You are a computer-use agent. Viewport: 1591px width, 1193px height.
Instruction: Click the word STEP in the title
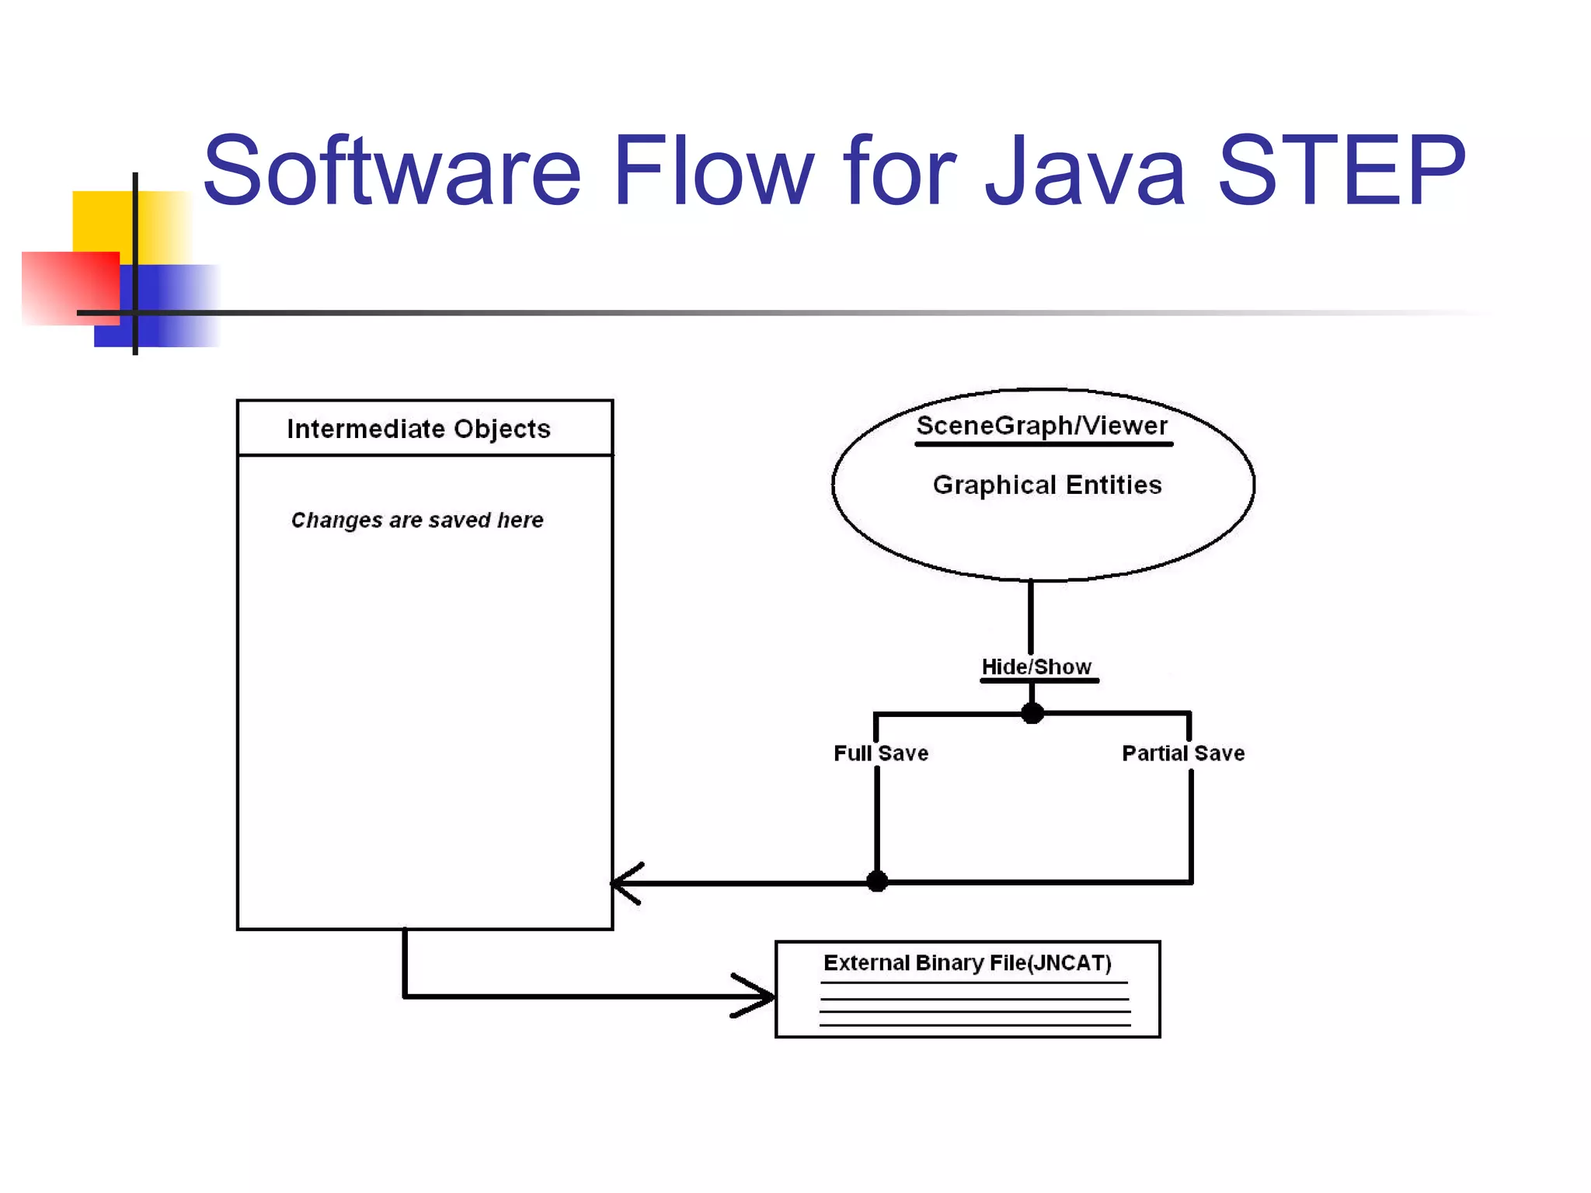[x=1341, y=171]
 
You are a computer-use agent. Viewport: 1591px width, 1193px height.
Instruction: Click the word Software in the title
[x=392, y=171]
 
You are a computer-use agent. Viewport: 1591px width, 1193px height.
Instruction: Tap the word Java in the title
[x=1085, y=171]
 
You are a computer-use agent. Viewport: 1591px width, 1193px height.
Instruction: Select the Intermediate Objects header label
[x=419, y=429]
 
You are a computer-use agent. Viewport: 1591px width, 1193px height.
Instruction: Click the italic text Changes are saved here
[x=417, y=520]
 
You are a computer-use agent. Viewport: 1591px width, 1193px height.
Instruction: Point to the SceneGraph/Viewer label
[x=1042, y=426]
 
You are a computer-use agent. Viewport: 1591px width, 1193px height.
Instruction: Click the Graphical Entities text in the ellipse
[x=1047, y=485]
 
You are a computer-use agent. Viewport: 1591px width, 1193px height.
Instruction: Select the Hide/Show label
[x=1036, y=666]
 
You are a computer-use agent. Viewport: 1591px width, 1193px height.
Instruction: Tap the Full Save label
[x=881, y=753]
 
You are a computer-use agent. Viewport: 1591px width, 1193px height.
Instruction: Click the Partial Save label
[x=1183, y=753]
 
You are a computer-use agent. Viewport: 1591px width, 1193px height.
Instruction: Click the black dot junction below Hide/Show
[x=1032, y=712]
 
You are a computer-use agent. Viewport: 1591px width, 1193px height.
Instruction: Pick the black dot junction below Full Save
[x=877, y=882]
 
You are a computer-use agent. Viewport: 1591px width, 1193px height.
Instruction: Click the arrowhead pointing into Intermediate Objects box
[x=625, y=883]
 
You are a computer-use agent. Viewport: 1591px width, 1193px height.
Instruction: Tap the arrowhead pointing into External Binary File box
[x=757, y=996]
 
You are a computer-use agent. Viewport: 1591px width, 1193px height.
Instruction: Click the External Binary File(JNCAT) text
[x=967, y=963]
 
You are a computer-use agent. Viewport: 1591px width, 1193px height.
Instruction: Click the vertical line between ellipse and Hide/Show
[x=1031, y=617]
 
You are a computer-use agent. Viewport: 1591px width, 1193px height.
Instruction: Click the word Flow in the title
[x=713, y=171]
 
